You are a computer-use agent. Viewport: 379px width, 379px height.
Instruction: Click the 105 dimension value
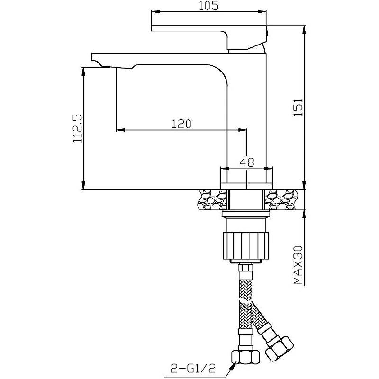(x=208, y=6)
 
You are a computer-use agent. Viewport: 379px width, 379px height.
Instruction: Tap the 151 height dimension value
(x=298, y=107)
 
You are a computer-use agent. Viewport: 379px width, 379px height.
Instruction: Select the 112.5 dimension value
(x=78, y=128)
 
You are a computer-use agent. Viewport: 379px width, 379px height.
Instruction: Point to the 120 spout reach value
(x=181, y=124)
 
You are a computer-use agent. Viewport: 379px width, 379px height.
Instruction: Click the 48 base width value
(x=247, y=162)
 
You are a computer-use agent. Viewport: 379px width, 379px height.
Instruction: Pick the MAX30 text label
(x=298, y=265)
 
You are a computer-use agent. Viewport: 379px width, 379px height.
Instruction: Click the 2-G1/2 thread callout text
(x=193, y=369)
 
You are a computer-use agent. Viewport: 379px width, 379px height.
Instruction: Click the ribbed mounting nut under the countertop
(x=245, y=245)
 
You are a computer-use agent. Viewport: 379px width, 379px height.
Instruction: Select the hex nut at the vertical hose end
(x=245, y=357)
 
